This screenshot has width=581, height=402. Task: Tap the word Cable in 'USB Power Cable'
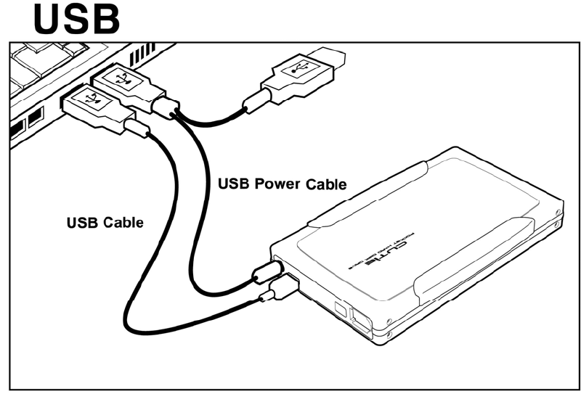tap(324, 184)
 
